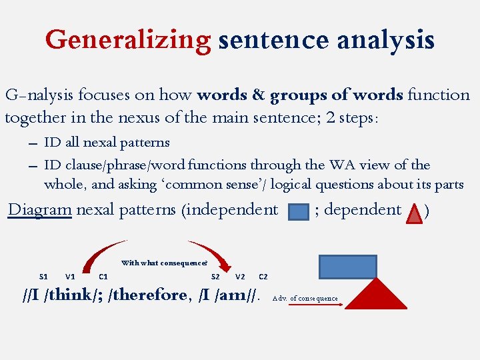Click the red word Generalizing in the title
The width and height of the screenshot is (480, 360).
tap(128, 40)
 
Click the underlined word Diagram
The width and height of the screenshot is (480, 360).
tap(39, 209)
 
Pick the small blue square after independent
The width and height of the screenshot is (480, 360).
tap(297, 212)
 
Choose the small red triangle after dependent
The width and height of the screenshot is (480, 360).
tap(415, 213)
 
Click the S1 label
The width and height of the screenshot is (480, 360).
tap(43, 276)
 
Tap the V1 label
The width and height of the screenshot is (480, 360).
tap(70, 276)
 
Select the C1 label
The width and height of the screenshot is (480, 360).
tap(103, 276)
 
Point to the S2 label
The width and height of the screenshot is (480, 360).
tap(215, 276)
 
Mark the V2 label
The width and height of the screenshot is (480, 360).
tap(241, 276)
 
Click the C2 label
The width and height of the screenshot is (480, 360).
tap(263, 276)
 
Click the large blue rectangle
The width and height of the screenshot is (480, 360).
tap(347, 267)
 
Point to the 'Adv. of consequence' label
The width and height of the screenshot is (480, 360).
tap(305, 299)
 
